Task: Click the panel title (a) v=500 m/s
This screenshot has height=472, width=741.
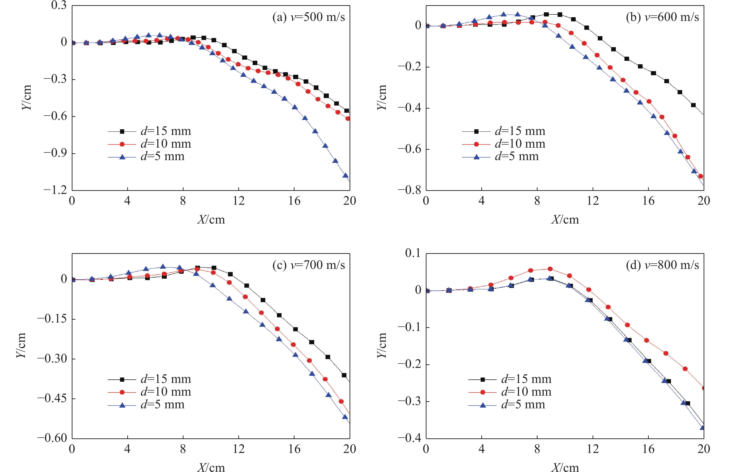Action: [308, 17]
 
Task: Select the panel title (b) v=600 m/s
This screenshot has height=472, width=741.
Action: [662, 17]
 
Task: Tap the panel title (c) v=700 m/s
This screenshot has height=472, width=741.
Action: [308, 265]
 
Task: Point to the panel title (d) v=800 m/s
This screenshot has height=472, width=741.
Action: [662, 265]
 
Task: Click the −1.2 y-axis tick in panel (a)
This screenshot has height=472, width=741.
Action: [55, 190]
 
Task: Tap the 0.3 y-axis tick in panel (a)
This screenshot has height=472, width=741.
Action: [59, 5]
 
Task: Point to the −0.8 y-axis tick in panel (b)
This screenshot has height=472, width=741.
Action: [410, 190]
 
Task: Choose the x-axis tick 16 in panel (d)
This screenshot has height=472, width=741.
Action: [648, 449]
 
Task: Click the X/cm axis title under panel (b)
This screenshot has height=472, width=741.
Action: [565, 220]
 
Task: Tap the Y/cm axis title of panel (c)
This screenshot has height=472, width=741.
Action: [21, 346]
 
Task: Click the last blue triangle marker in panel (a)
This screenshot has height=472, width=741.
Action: [346, 176]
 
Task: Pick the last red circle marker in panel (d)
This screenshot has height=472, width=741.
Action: [703, 388]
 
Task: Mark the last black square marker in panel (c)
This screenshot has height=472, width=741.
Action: [344, 375]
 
